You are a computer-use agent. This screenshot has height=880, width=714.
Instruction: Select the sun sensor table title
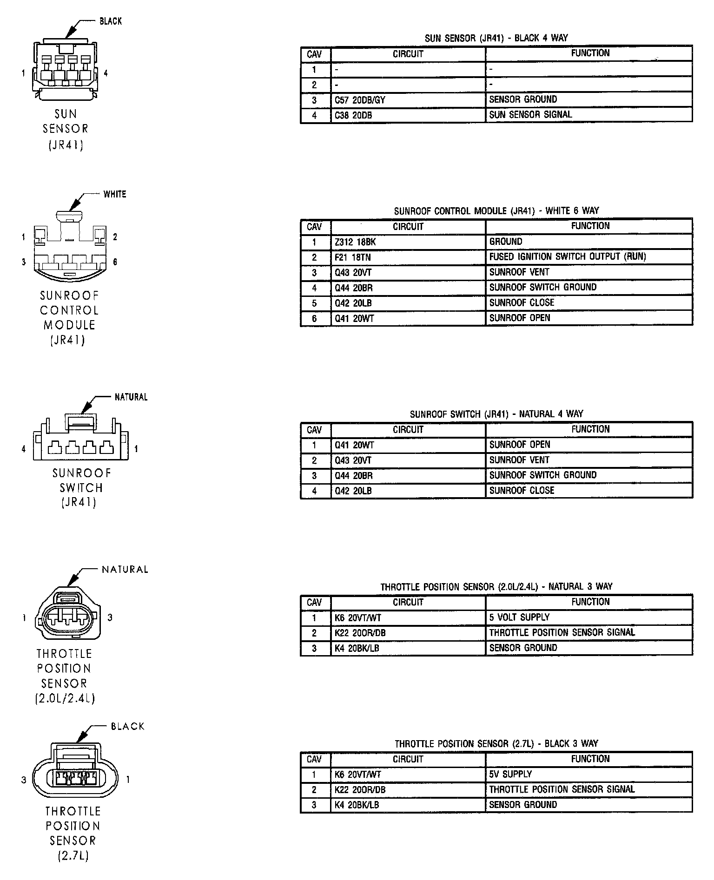pos(496,38)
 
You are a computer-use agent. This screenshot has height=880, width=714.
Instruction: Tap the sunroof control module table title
pos(496,211)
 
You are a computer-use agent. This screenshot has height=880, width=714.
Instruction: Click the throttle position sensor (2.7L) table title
pos(496,744)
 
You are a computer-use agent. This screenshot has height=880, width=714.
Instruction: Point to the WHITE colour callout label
pos(115,194)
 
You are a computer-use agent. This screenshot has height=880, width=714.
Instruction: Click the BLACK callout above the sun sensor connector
pos(111,21)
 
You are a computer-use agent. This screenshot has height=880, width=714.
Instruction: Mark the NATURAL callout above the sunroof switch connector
pos(131,397)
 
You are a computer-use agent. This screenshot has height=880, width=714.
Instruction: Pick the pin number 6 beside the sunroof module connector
pos(115,262)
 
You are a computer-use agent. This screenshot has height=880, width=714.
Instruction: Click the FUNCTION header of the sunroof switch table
pos(590,429)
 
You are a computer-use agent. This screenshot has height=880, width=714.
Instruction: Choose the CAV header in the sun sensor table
pos(315,54)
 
